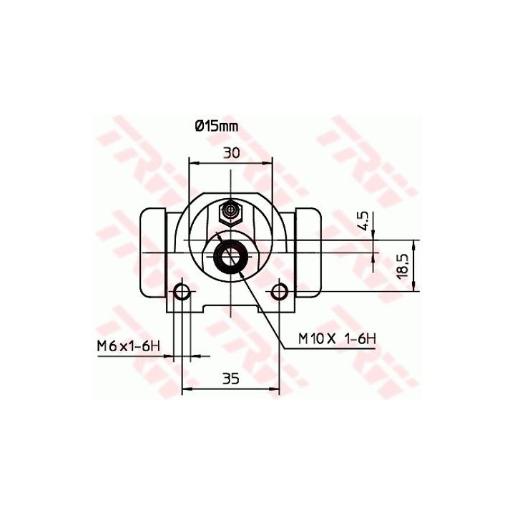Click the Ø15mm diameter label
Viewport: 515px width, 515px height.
(217, 126)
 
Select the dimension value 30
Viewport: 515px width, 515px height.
(232, 153)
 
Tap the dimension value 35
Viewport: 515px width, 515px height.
(231, 379)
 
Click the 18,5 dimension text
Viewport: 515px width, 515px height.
(403, 266)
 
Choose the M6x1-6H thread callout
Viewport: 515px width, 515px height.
(129, 346)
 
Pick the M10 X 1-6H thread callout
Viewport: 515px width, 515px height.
(337, 338)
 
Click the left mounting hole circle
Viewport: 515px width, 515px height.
(182, 291)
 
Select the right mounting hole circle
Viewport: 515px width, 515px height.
(280, 291)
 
